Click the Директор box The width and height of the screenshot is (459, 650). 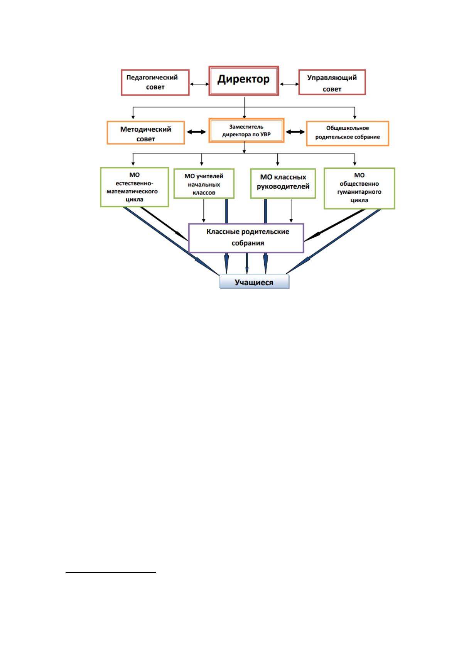243,81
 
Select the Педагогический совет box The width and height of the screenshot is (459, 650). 155,83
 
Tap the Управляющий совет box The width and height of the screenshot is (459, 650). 332,82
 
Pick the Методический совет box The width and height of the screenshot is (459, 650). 145,133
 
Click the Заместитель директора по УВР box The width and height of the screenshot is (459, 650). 246,130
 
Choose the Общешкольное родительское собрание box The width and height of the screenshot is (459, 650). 348,133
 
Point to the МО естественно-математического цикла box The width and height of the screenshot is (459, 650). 134,187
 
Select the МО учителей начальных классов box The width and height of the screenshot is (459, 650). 204,184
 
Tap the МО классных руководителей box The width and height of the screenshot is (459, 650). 283,183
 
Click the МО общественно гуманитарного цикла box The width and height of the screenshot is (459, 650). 359,188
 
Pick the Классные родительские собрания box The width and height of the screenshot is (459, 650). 246,238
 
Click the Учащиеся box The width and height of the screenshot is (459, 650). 254,281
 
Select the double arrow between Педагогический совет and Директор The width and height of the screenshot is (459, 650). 199,84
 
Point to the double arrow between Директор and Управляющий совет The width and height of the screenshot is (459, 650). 289,84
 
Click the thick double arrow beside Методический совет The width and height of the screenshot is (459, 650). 196,132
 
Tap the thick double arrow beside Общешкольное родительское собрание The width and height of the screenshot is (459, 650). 295,132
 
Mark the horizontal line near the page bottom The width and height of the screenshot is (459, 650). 111,572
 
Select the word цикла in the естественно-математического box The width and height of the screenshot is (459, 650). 134,200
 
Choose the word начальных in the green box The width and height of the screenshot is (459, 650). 204,185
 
